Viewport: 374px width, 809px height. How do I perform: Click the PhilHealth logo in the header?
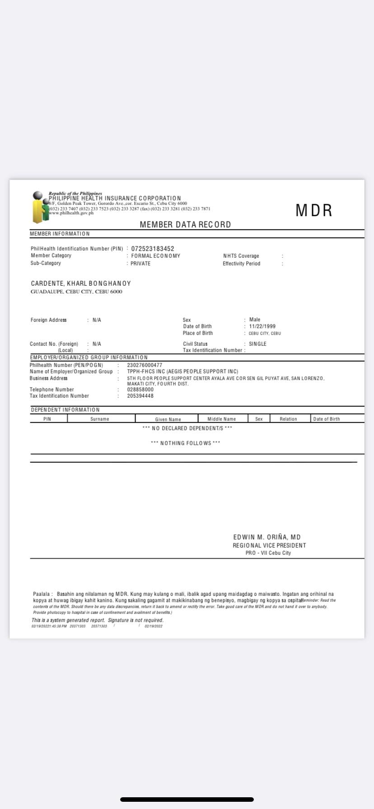click(x=40, y=207)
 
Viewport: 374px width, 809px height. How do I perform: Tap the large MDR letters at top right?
click(x=314, y=210)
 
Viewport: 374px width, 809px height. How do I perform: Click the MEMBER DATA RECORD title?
click(x=185, y=224)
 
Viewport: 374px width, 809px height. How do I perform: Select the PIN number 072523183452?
click(x=153, y=249)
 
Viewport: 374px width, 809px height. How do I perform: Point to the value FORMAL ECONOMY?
click(x=155, y=256)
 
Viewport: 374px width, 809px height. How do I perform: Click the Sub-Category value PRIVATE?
click(x=140, y=264)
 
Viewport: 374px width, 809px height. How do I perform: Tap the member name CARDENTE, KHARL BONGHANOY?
click(x=81, y=284)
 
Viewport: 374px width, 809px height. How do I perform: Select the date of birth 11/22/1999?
click(x=262, y=326)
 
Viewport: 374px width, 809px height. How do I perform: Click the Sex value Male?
click(x=255, y=320)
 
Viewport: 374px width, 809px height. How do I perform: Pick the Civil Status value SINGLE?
click(x=257, y=344)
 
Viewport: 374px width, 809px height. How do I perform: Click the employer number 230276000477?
click(x=145, y=365)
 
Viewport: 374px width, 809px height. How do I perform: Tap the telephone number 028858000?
click(x=140, y=390)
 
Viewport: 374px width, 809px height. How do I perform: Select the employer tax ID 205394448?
click(x=140, y=396)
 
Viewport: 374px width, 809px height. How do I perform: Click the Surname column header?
click(x=100, y=419)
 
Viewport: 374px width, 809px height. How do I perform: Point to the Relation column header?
click(x=288, y=419)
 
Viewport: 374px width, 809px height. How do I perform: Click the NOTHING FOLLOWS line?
click(x=186, y=443)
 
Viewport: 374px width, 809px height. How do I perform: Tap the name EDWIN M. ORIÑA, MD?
click(x=267, y=537)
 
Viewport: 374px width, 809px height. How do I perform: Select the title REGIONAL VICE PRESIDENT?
click(x=269, y=545)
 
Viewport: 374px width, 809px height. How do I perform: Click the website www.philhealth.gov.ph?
click(x=71, y=213)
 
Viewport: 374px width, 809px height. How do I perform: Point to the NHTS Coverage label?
click(x=241, y=256)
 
